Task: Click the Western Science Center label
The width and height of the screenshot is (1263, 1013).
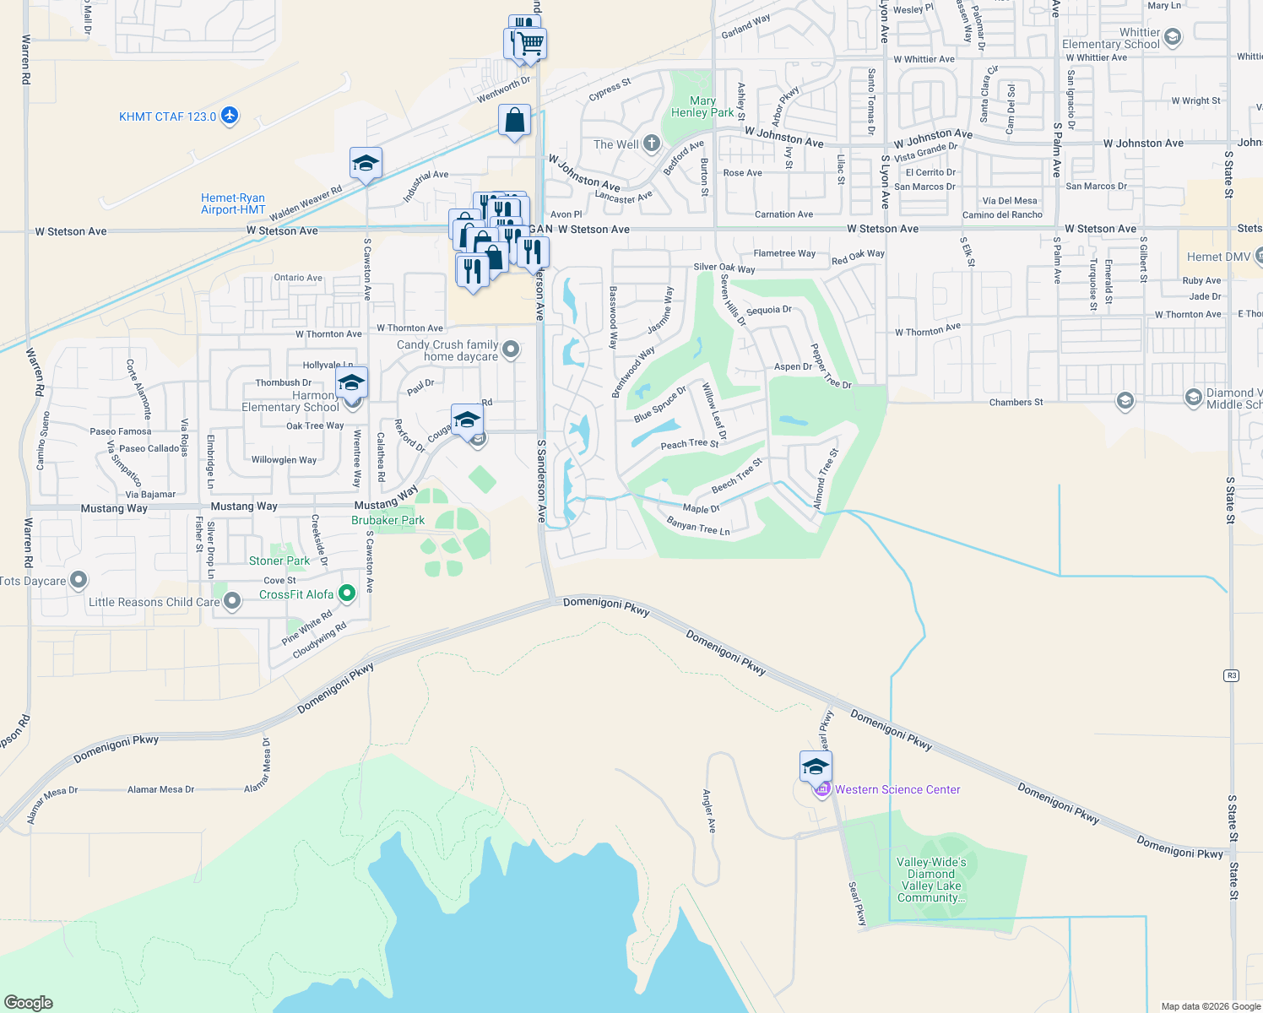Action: tap(897, 789)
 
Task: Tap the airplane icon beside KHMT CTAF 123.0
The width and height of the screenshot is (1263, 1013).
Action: tap(230, 116)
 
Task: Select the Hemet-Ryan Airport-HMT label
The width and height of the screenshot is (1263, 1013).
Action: tap(233, 203)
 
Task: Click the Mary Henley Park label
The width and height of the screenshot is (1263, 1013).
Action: tap(702, 106)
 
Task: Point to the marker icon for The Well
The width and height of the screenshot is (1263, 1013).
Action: tap(651, 144)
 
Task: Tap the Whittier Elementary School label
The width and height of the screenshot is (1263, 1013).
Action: tap(1110, 38)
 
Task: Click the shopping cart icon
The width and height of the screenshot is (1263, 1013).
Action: tap(531, 42)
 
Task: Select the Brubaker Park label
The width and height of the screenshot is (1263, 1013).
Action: tap(388, 520)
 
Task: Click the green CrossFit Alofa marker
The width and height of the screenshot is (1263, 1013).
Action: tap(346, 594)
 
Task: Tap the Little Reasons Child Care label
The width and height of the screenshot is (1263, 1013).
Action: tap(154, 602)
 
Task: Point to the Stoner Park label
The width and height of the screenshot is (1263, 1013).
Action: tap(279, 561)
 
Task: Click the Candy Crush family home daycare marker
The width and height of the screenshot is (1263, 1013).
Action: tap(511, 349)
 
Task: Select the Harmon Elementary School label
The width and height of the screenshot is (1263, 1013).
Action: tap(290, 401)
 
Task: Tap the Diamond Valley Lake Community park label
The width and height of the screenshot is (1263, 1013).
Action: tap(930, 880)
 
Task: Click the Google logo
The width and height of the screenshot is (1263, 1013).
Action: tap(29, 1003)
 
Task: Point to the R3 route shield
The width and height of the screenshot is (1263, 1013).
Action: tap(1232, 675)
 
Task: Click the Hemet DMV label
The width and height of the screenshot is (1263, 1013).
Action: tap(1218, 257)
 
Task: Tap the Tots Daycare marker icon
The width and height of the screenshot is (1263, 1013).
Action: tap(79, 580)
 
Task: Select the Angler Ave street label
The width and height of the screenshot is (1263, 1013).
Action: tap(709, 811)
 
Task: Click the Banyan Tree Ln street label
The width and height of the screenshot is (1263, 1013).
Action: tap(698, 527)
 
